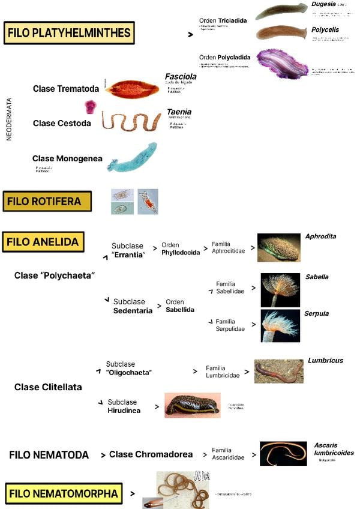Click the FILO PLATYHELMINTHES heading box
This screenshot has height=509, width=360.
pyautogui.click(x=68, y=33)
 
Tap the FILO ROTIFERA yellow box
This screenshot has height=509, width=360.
pyautogui.click(x=47, y=202)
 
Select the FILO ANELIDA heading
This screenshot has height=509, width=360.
pyautogui.click(x=43, y=242)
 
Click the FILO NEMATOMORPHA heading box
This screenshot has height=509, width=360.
pyautogui.click(x=62, y=493)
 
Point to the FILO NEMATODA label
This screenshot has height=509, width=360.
pyautogui.click(x=49, y=454)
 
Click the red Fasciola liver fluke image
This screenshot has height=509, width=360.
pyautogui.click(x=132, y=89)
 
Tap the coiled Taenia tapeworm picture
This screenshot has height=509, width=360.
pyautogui.click(x=130, y=121)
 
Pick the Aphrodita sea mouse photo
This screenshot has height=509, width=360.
pyautogui.click(x=279, y=248)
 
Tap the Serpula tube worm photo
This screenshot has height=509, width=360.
pyautogui.click(x=280, y=326)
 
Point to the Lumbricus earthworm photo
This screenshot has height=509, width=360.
pyautogui.click(x=278, y=371)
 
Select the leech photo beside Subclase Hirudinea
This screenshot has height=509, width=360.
pyautogui.click(x=192, y=405)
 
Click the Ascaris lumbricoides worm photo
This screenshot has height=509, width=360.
pyautogui.click(x=283, y=454)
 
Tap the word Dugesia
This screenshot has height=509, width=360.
pyautogui.click(x=323, y=4)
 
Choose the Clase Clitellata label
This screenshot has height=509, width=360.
pyautogui.click(x=48, y=387)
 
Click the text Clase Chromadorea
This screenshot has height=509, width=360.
pyautogui.click(x=151, y=454)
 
